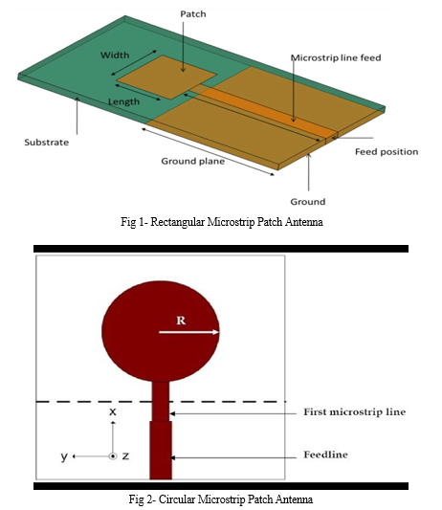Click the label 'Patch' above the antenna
tap(193, 14)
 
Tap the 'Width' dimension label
tap(115, 55)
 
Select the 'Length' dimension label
tap(124, 101)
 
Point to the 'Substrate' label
tap(47, 143)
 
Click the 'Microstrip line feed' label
tap(336, 58)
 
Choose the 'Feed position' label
tap(387, 152)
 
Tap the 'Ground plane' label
tap(193, 161)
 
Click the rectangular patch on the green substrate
tap(166, 78)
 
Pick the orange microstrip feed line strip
tap(267, 113)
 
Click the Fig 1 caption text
tap(222, 222)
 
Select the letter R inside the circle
tap(181, 321)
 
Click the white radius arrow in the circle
tap(189, 332)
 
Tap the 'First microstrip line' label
tap(355, 411)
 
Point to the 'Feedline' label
tap(325, 455)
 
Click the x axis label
tap(113, 411)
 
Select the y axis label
tap(64, 456)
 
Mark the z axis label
tap(125, 456)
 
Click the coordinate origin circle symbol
tap(113, 456)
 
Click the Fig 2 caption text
tap(221, 499)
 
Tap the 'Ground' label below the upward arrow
tap(308, 202)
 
